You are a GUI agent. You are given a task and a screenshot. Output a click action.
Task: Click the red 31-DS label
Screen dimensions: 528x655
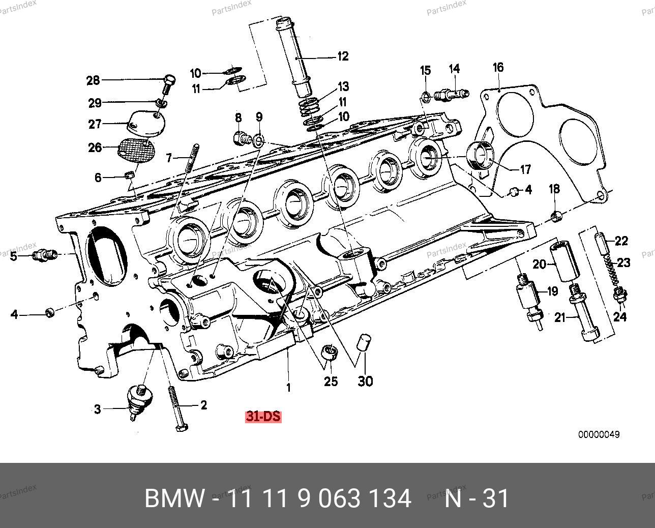tap(263, 416)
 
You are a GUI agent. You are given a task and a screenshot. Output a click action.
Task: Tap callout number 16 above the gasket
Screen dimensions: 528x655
tap(498, 68)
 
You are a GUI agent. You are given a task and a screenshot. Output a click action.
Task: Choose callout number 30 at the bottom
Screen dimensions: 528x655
tap(365, 381)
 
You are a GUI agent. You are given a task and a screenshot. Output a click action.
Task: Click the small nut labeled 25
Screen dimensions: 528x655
tap(331, 352)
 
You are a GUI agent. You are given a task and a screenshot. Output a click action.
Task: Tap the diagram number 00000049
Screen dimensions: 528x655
tap(599, 435)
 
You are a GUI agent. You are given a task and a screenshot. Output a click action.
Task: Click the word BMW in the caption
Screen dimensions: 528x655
tap(175, 498)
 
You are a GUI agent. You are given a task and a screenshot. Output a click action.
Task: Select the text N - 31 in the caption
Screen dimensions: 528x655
tap(477, 498)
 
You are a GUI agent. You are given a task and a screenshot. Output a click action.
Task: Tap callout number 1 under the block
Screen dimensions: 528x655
tap(288, 388)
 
